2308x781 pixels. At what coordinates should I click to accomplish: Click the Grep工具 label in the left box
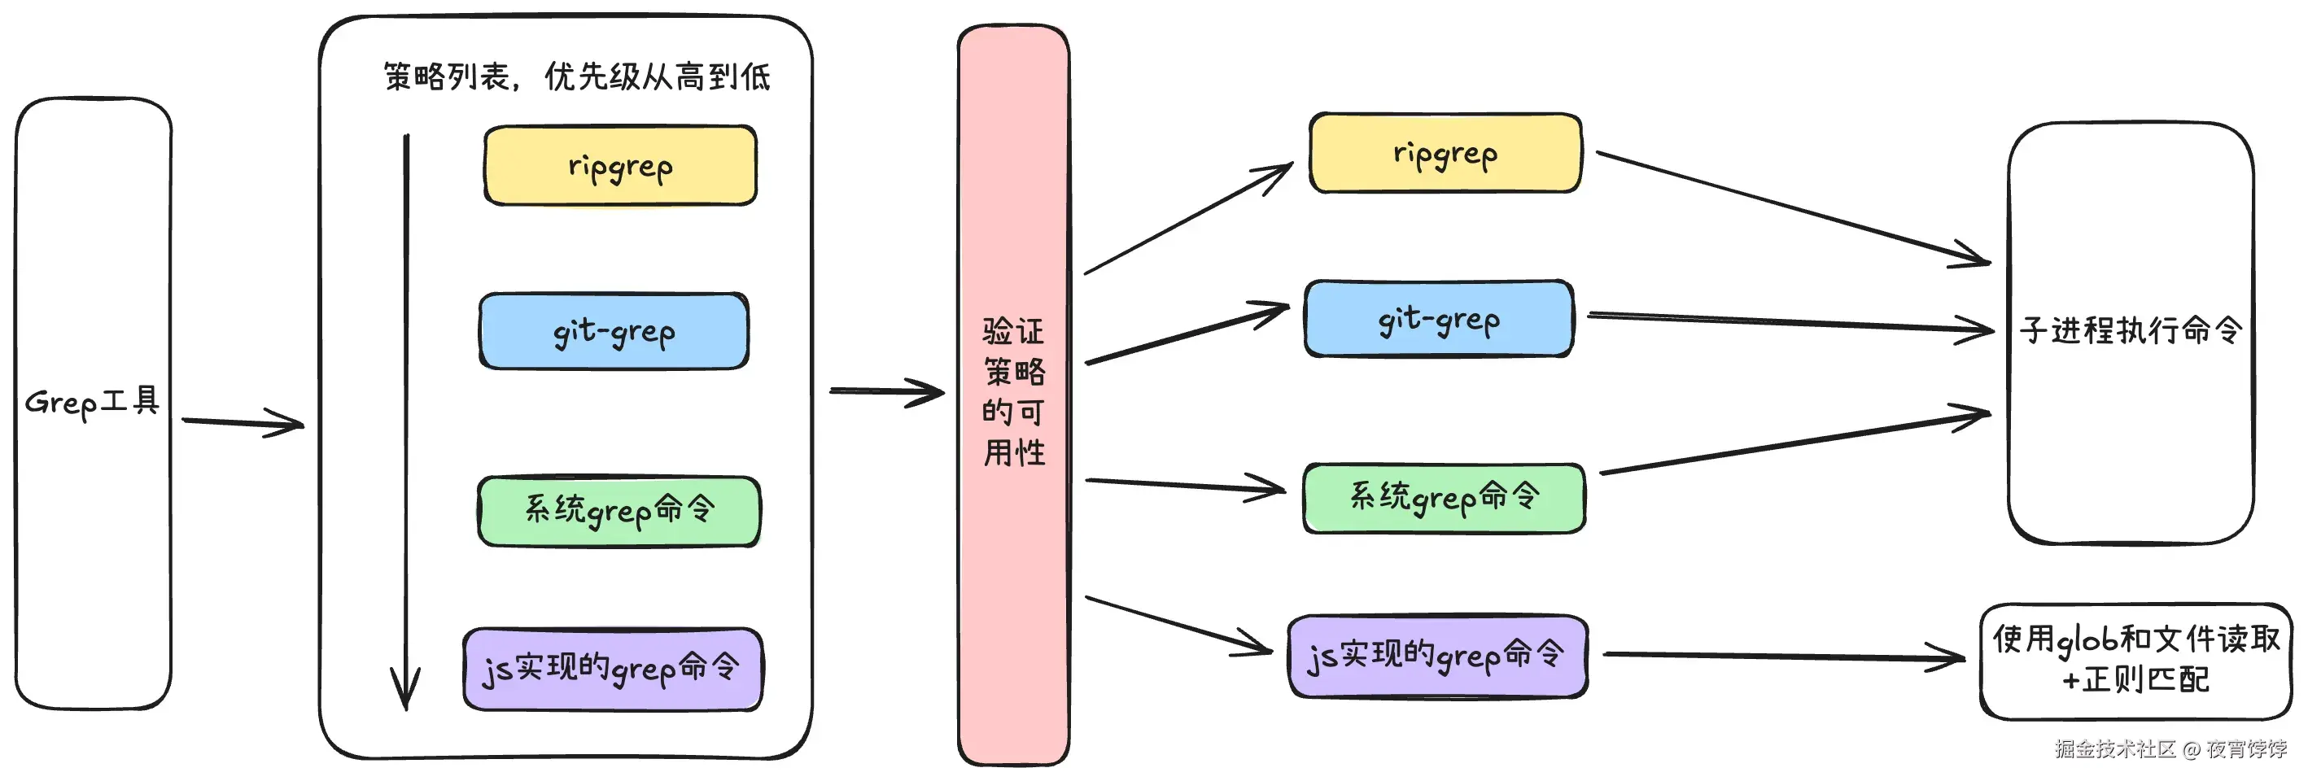pyautogui.click(x=92, y=401)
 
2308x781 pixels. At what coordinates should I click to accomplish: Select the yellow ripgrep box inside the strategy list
pyautogui.click(x=620, y=166)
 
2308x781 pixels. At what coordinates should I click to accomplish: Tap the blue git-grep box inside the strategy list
pyautogui.click(x=614, y=331)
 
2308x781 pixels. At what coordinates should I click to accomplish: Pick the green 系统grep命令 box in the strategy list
pyautogui.click(x=619, y=511)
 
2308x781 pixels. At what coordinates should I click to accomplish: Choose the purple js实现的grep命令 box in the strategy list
pyautogui.click(x=613, y=669)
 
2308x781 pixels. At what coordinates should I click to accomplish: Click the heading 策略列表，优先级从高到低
pyautogui.click(x=576, y=77)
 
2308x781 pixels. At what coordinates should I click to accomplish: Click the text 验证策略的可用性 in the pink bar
pyautogui.click(x=1013, y=392)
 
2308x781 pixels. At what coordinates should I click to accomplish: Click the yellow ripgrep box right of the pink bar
pyautogui.click(x=1445, y=153)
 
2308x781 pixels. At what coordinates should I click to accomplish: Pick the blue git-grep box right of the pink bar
pyautogui.click(x=1439, y=320)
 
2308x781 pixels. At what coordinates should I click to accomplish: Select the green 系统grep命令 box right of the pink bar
pyautogui.click(x=1444, y=498)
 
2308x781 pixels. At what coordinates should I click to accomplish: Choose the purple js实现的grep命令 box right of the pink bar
pyautogui.click(x=1437, y=656)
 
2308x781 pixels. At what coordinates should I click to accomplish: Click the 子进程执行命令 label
pyautogui.click(x=2131, y=330)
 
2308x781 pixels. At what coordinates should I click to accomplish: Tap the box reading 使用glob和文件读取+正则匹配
pyautogui.click(x=2135, y=660)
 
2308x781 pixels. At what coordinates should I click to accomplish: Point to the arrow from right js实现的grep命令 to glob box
pyautogui.click(x=1783, y=657)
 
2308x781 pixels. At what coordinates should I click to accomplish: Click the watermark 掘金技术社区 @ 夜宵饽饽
pyautogui.click(x=2170, y=748)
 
